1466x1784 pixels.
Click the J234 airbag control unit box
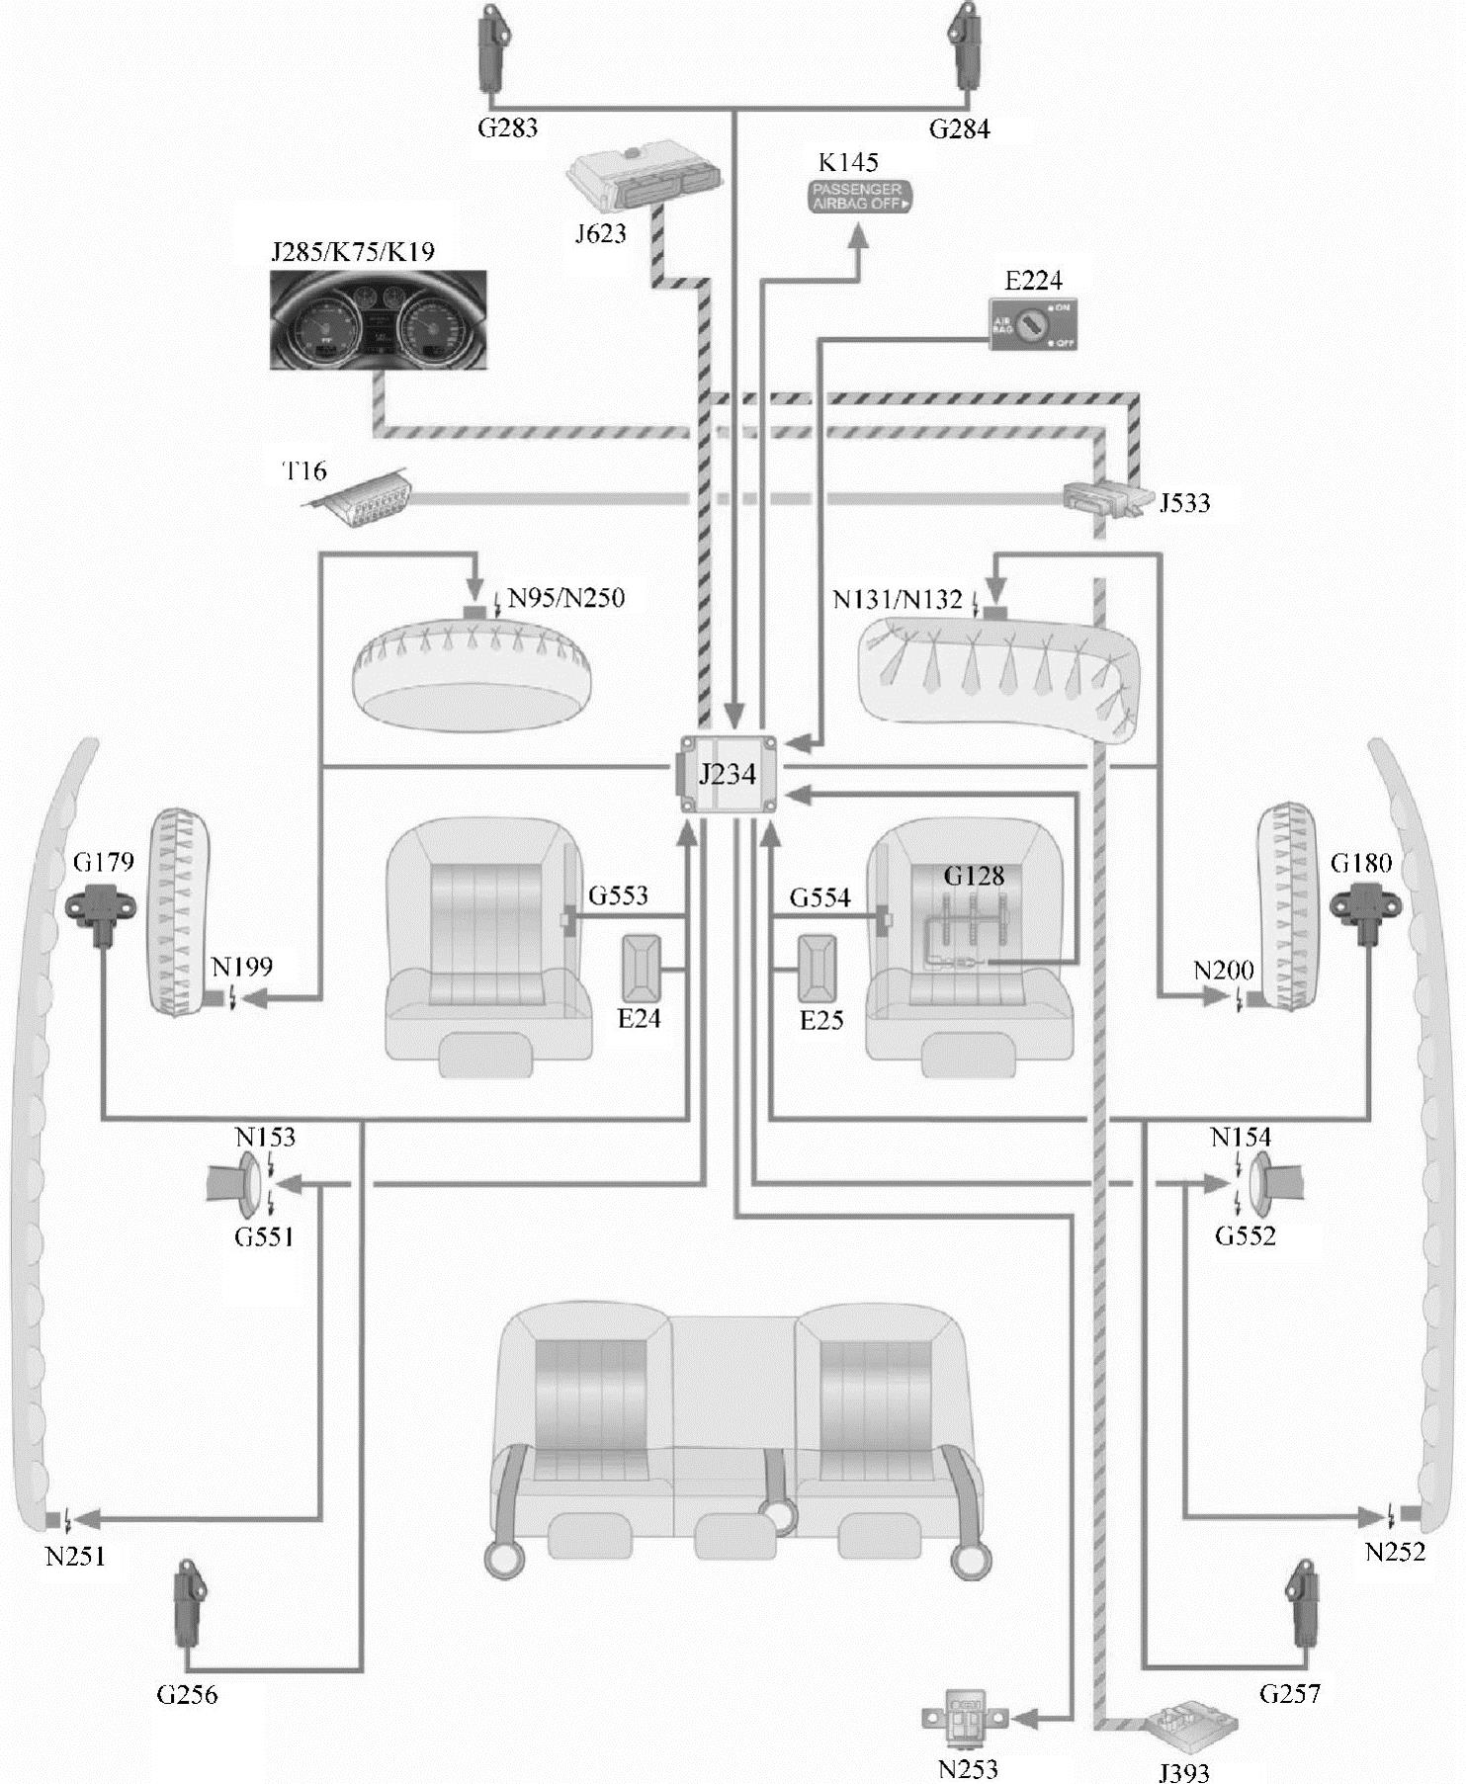point(728,774)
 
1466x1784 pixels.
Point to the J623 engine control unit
point(643,177)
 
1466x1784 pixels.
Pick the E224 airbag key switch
point(1034,322)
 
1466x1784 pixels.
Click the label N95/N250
point(565,598)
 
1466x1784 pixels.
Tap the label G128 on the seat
point(974,876)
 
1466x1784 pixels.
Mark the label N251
point(75,1556)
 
